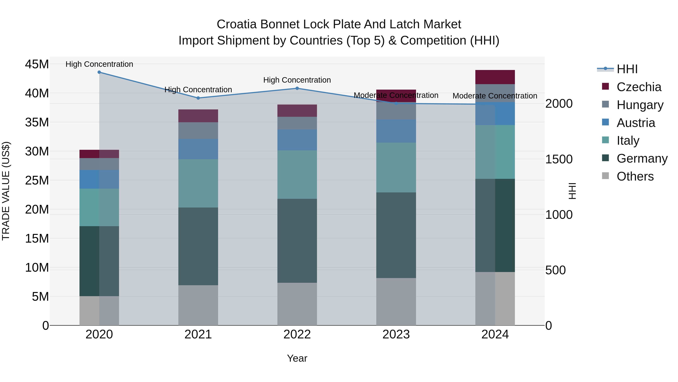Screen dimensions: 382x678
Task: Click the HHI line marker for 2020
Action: tap(99, 72)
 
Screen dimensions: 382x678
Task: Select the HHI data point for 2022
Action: tap(297, 88)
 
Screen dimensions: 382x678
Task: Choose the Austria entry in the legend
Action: tap(636, 123)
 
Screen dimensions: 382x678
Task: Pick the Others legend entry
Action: tap(635, 176)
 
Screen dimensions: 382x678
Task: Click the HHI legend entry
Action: tap(627, 69)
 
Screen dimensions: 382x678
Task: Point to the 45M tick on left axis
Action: tap(37, 64)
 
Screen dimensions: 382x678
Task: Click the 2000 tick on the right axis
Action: tap(559, 104)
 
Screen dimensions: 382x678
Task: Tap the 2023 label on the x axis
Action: tap(396, 334)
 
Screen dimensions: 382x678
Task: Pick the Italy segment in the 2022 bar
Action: tap(297, 174)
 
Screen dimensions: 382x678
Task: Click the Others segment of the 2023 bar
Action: tap(396, 302)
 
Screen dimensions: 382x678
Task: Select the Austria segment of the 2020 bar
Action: tap(99, 179)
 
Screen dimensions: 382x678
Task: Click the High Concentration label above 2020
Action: tap(99, 64)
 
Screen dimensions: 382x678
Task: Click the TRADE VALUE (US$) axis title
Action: tap(6, 191)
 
